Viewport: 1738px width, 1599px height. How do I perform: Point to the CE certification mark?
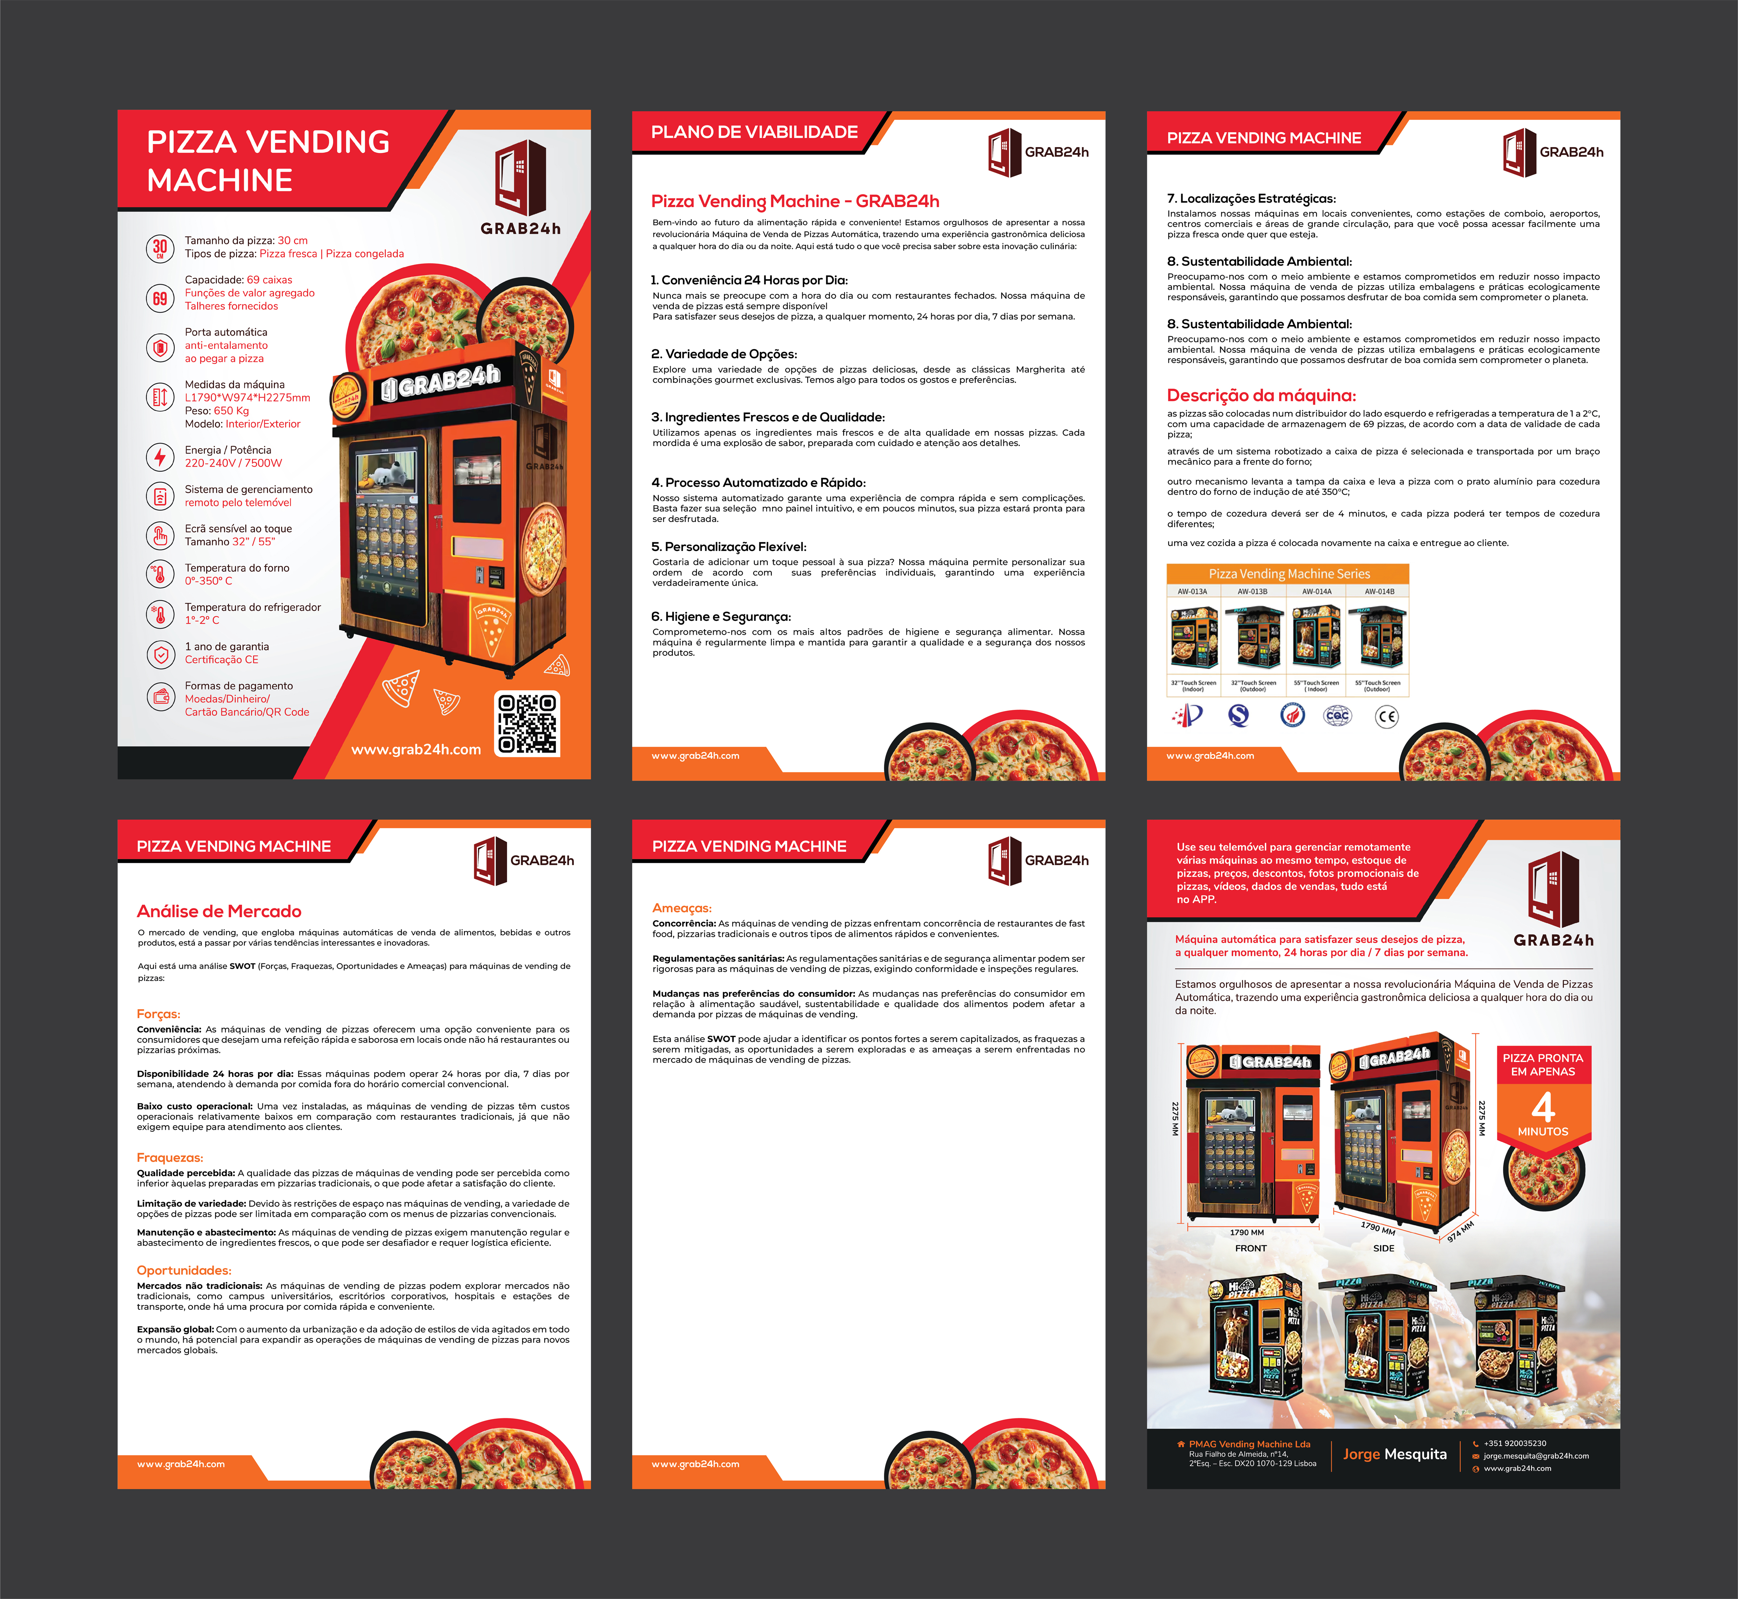pos(1386,716)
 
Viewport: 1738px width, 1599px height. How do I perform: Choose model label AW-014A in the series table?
pos(1317,592)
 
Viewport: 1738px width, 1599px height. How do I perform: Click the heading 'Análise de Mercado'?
pos(219,911)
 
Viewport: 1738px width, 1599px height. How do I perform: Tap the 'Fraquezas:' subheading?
pos(170,1158)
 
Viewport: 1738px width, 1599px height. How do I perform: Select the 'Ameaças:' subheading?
pos(682,908)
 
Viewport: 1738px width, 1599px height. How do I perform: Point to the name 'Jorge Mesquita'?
pos(1395,1454)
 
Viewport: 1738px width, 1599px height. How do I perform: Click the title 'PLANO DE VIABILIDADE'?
pos(754,132)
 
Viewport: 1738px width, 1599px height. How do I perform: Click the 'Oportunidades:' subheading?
pos(184,1270)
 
